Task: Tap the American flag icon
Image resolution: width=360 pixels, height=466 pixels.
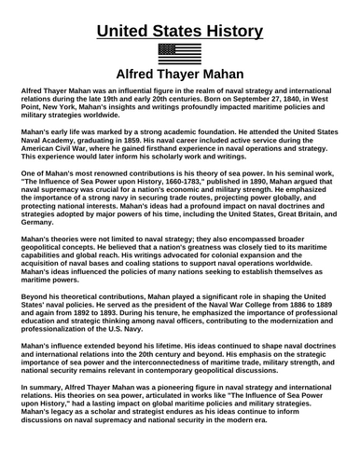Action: pos(180,52)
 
